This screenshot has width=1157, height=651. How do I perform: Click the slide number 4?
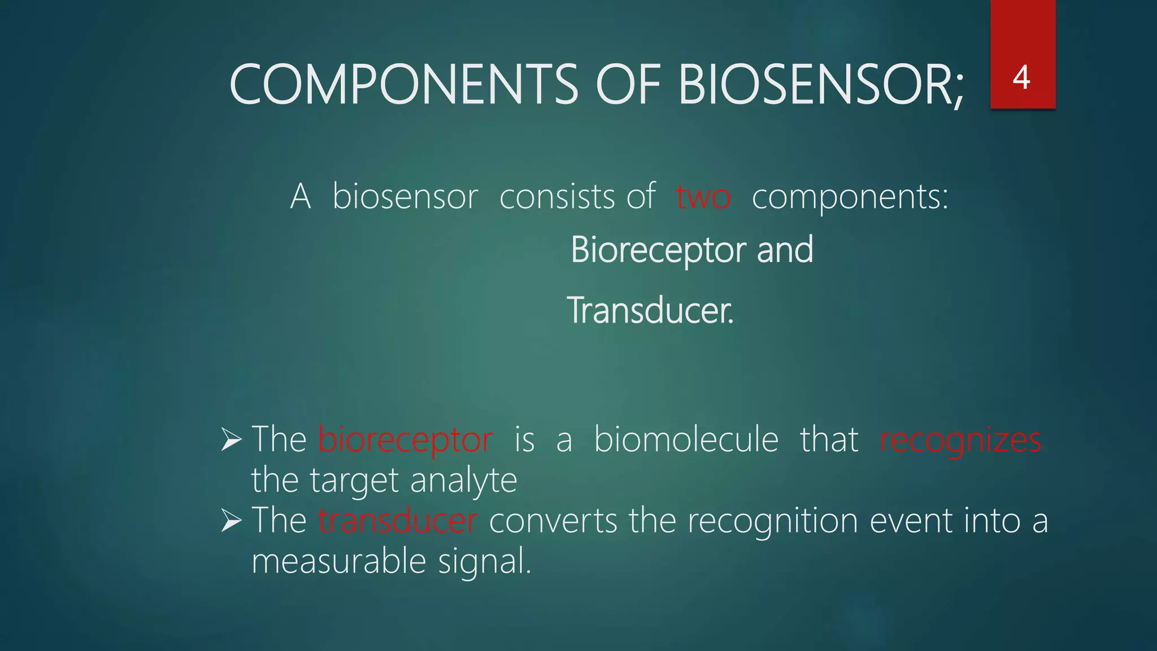point(1021,77)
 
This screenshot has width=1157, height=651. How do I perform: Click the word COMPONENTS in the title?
point(403,84)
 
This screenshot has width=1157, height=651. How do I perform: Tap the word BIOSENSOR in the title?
point(820,84)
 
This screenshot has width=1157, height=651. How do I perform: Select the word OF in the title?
point(628,84)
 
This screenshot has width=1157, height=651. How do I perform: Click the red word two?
point(703,197)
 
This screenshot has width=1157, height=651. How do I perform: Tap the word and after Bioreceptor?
point(785,249)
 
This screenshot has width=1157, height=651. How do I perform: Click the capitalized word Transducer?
point(650,310)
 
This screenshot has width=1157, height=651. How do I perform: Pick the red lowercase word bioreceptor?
point(405,440)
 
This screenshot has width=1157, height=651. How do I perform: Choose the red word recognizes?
point(960,440)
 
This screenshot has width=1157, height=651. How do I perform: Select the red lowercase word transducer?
point(397,520)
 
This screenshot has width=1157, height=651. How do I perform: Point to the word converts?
point(553,520)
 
